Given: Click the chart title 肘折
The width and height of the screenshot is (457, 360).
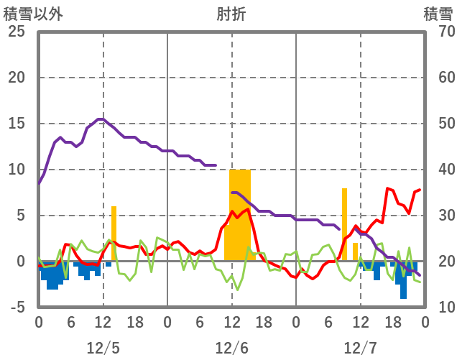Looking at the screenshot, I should pyautogui.click(x=231, y=14).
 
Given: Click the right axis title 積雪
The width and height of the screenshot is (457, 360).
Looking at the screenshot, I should pyautogui.click(x=438, y=14).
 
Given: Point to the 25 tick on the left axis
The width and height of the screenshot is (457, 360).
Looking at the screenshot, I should pyautogui.click(x=16, y=32).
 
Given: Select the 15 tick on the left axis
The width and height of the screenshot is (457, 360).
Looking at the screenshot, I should pyautogui.click(x=16, y=124).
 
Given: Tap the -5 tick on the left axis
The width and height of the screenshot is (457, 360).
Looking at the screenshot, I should pyautogui.click(x=16, y=308).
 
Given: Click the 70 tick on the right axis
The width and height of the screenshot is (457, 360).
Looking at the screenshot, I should pyautogui.click(x=438, y=32).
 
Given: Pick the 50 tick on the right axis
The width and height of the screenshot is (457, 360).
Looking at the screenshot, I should pyautogui.click(x=438, y=124).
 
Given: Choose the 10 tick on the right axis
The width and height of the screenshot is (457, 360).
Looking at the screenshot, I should pyautogui.click(x=438, y=308).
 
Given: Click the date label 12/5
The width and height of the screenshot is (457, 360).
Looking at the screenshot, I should pyautogui.click(x=103, y=348).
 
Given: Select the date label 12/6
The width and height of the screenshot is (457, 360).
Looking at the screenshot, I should pyautogui.click(x=231, y=348).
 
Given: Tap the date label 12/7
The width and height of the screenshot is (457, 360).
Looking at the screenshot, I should pyautogui.click(x=360, y=348).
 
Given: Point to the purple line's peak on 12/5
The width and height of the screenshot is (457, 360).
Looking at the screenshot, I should pyautogui.click(x=101, y=119).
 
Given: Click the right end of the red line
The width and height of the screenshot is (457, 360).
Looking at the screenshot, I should pyautogui.click(x=420, y=190).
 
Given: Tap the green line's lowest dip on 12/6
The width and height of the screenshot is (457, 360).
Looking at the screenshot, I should pyautogui.click(x=237, y=290).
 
